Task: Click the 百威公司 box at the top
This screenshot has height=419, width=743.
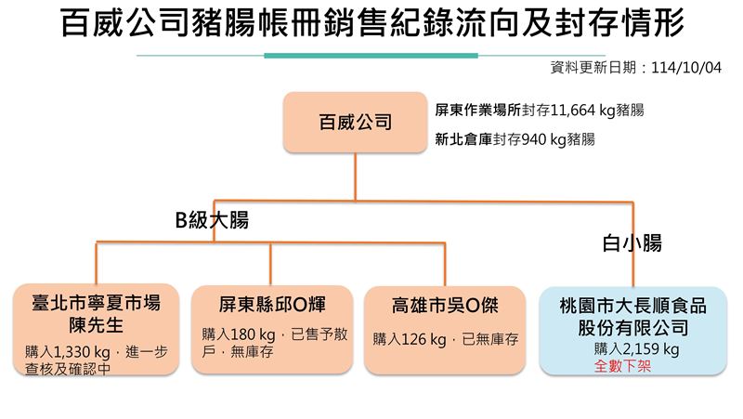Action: [x=355, y=122]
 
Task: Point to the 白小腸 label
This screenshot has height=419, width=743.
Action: [x=632, y=244]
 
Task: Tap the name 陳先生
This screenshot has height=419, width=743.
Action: [x=97, y=325]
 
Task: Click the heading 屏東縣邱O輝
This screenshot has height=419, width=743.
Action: [x=272, y=304]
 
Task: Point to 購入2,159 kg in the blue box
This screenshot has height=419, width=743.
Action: [x=636, y=349]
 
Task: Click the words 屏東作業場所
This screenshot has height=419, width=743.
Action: [x=476, y=110]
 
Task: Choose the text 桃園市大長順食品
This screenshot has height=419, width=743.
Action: [x=633, y=305]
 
